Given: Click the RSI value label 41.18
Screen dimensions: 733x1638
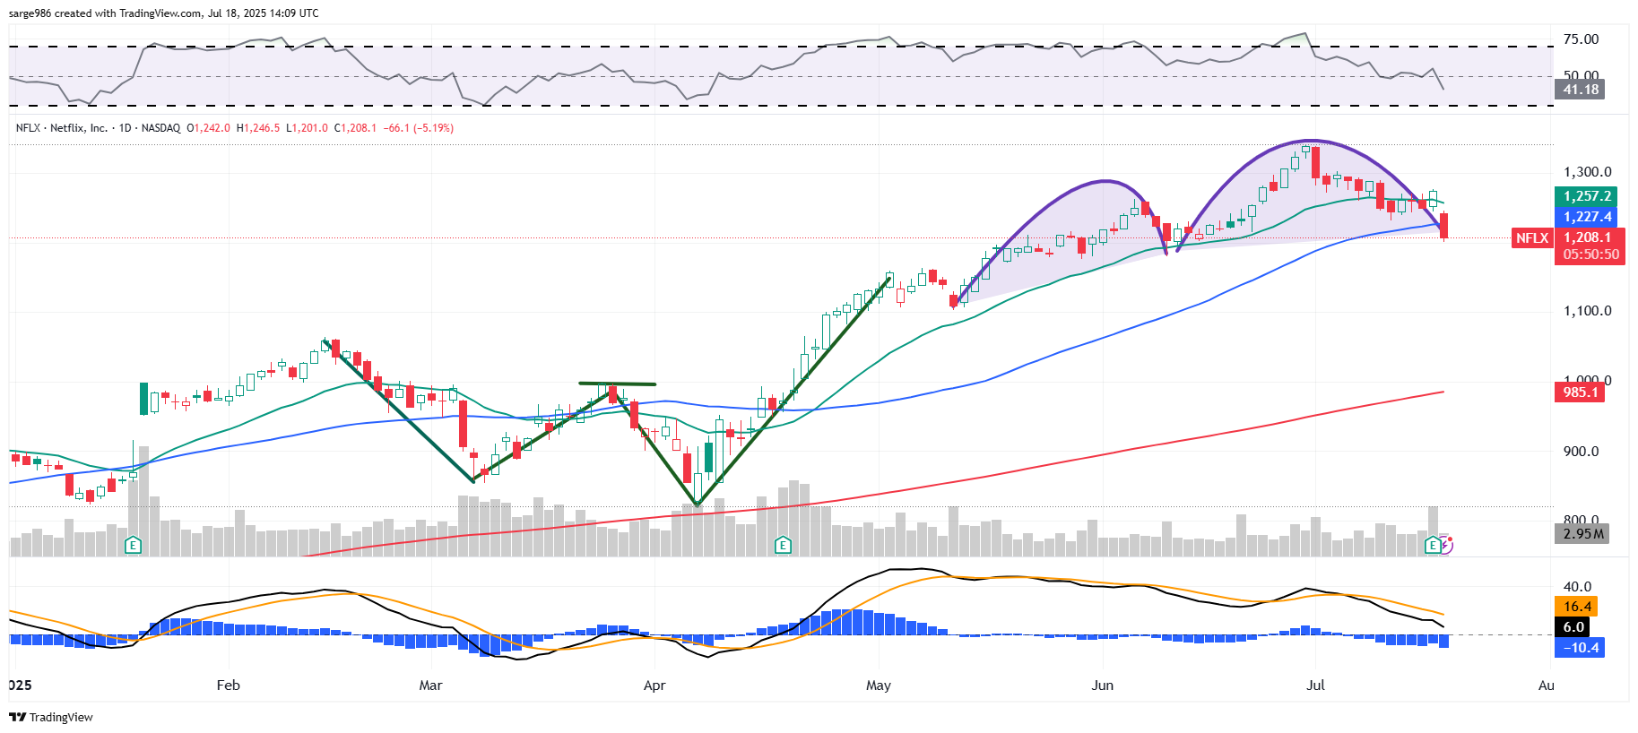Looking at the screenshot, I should [x=1580, y=90].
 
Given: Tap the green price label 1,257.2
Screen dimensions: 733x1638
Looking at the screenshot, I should [x=1586, y=196].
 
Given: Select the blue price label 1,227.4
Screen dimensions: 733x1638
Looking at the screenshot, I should [x=1586, y=217].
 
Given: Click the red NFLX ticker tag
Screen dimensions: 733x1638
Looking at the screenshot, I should [x=1531, y=237].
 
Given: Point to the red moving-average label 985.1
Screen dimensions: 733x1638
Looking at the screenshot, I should [x=1580, y=392].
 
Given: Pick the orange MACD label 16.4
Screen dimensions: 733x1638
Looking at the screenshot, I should [x=1577, y=607].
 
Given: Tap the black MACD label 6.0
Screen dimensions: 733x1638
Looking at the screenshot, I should [x=1573, y=627].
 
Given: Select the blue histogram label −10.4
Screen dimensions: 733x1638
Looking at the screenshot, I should [x=1581, y=648].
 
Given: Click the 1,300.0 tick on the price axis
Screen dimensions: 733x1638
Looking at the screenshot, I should [x=1587, y=172].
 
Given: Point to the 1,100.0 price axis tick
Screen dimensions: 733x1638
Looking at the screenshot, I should [x=1587, y=311].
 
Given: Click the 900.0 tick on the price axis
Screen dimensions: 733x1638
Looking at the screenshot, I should [x=1581, y=452].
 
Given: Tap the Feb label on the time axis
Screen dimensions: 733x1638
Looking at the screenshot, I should [x=229, y=686].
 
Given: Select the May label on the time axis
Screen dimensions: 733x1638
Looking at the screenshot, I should [x=879, y=686].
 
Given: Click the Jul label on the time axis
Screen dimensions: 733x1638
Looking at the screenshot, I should [x=1315, y=686].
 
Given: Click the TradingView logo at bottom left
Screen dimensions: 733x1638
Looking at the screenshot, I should [x=51, y=717].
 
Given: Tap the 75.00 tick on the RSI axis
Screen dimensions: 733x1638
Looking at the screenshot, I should [x=1581, y=39].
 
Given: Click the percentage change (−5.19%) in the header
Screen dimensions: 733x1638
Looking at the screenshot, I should [x=433, y=128].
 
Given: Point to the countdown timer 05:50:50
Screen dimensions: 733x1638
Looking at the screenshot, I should [x=1590, y=254].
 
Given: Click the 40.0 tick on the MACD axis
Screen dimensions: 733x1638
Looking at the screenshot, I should [x=1577, y=587].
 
